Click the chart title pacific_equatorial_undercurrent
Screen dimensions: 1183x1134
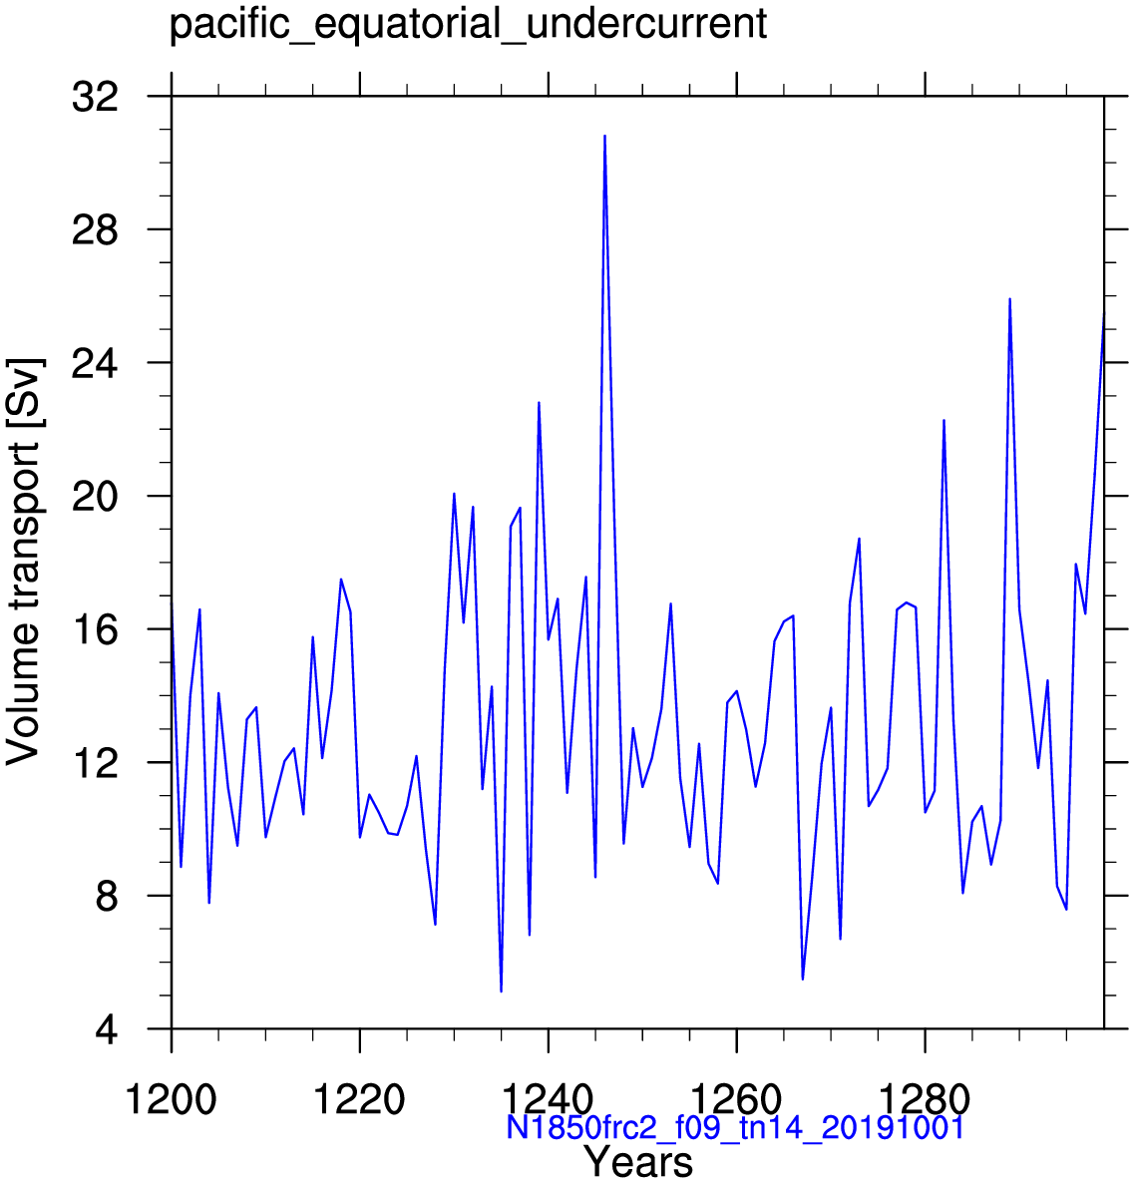(x=468, y=24)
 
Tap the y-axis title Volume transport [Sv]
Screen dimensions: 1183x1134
(x=24, y=562)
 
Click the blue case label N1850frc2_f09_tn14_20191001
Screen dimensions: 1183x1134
(x=735, y=1128)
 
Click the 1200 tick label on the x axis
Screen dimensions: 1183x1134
(x=171, y=1100)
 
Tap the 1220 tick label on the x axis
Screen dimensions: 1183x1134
(x=359, y=1100)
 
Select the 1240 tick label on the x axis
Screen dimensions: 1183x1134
(x=548, y=1100)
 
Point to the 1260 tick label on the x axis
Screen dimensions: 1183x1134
(x=736, y=1100)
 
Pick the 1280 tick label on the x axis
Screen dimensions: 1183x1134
(x=925, y=1100)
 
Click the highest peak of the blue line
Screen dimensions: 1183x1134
(x=604, y=136)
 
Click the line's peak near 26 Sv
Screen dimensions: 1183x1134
(x=1009, y=299)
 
